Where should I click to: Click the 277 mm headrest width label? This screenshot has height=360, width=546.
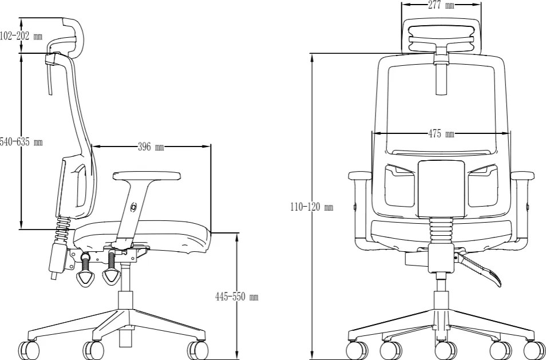pos(441,5)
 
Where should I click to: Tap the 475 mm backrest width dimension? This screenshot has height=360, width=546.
pos(441,134)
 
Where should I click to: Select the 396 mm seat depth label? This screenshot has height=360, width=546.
pos(151,147)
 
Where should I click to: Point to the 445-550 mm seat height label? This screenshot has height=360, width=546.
pos(237,296)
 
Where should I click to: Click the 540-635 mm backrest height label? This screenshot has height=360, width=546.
pos(21,142)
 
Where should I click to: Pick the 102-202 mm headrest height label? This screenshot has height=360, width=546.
pos(21,36)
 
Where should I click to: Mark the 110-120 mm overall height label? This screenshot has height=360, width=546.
pos(312,207)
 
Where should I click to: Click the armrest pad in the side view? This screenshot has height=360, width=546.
pos(147,176)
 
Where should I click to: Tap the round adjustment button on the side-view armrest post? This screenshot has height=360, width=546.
pos(133,208)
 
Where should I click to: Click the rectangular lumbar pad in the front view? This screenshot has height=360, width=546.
pos(441,189)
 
